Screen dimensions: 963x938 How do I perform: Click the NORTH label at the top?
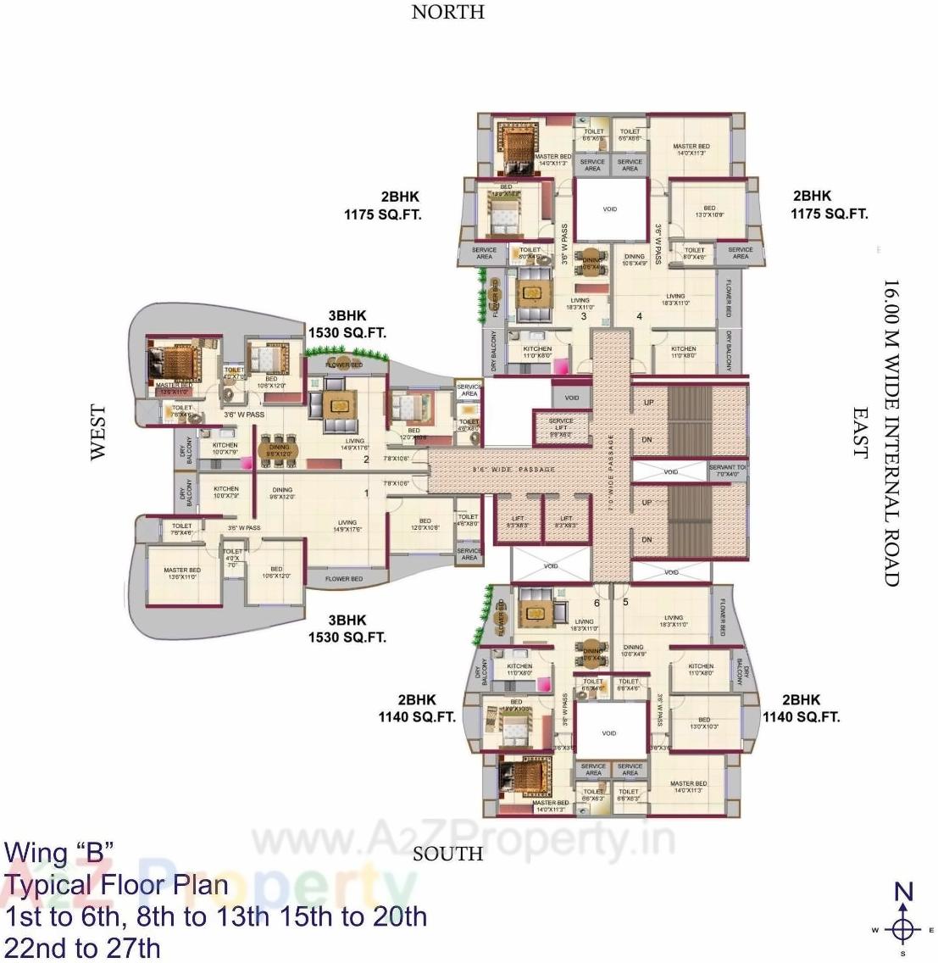pos(447,12)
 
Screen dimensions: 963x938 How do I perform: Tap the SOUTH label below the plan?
pos(447,854)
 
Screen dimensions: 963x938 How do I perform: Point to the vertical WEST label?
pos(98,432)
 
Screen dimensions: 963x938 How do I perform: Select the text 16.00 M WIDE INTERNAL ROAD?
pos(891,432)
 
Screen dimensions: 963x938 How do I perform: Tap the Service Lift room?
pos(561,426)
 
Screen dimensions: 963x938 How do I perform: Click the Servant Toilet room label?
pos(728,470)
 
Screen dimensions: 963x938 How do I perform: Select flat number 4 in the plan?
pos(639,316)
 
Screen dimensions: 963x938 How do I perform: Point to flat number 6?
pos(596,603)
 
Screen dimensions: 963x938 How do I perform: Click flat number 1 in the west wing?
pos(366,493)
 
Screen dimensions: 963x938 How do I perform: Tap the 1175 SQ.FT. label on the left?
pos(382,214)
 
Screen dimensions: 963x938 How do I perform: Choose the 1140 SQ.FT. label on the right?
pos(801,717)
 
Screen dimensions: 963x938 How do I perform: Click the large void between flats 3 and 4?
pos(609,209)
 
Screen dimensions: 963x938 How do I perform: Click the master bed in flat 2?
pos(175,364)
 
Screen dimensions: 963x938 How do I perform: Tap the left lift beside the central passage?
pos(519,522)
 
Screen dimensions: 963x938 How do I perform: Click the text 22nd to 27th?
pos(82,948)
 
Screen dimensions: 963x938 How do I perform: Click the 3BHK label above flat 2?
pos(347,315)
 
